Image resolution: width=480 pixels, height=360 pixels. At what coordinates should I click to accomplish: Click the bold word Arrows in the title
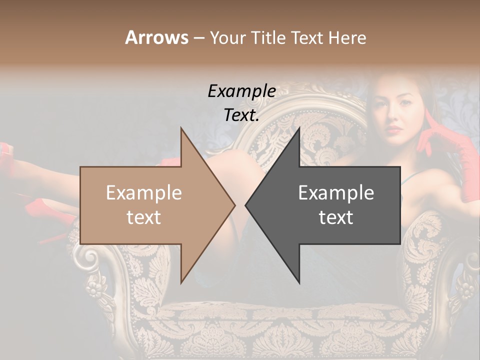click(x=156, y=37)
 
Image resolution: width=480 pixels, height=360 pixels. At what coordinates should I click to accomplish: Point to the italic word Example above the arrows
click(x=242, y=91)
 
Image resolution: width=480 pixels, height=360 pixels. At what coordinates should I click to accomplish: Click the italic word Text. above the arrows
click(x=242, y=115)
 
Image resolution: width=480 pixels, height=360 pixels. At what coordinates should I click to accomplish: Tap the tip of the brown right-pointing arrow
click(x=234, y=205)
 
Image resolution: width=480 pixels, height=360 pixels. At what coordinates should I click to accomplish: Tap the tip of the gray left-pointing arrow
click(x=246, y=205)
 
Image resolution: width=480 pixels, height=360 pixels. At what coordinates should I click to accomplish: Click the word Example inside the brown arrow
click(x=144, y=193)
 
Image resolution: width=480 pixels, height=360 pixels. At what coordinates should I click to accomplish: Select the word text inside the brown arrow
click(x=144, y=217)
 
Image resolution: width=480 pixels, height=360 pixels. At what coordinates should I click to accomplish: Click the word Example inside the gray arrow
click(x=336, y=193)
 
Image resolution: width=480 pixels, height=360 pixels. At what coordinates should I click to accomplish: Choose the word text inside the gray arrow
click(x=336, y=217)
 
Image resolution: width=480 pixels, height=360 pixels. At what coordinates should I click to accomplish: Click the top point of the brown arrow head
click(x=181, y=128)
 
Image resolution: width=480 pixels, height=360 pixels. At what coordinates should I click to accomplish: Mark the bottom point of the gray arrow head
click(x=299, y=282)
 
